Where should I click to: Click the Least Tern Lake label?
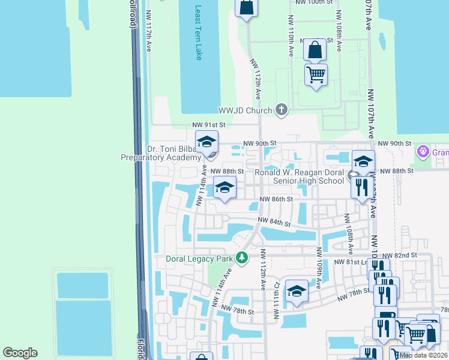point(199,33)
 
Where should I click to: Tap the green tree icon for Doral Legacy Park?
point(242,259)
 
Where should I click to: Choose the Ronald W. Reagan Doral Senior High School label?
point(300,176)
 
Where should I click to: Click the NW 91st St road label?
point(208,125)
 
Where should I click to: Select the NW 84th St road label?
point(275,223)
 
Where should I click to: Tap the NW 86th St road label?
point(276,199)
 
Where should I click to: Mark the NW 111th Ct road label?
point(277,292)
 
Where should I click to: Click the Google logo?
point(20,353)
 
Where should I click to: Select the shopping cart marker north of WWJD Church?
point(316,76)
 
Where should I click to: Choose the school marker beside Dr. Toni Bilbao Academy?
point(206,144)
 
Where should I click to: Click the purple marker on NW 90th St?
point(424,150)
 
